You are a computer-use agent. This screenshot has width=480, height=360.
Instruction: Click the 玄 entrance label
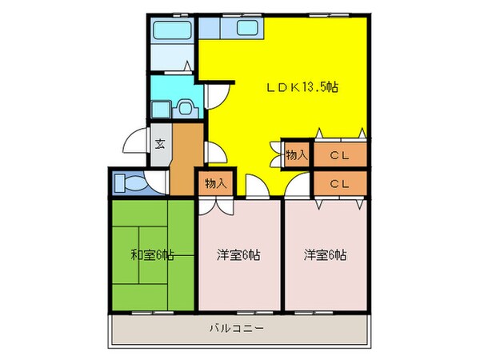pyautogui.click(x=159, y=145)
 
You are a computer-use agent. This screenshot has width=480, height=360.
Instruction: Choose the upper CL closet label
pyautogui.click(x=339, y=156)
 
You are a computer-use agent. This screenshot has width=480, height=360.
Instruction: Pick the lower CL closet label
pyautogui.click(x=339, y=184)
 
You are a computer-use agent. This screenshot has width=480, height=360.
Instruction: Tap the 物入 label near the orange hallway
pyautogui.click(x=215, y=183)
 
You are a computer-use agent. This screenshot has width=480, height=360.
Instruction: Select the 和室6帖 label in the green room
pyautogui.click(x=152, y=255)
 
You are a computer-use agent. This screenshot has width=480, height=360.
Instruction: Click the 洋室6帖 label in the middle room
pyautogui.click(x=238, y=255)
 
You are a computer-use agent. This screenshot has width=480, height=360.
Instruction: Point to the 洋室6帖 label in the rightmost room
pyautogui.click(x=325, y=255)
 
